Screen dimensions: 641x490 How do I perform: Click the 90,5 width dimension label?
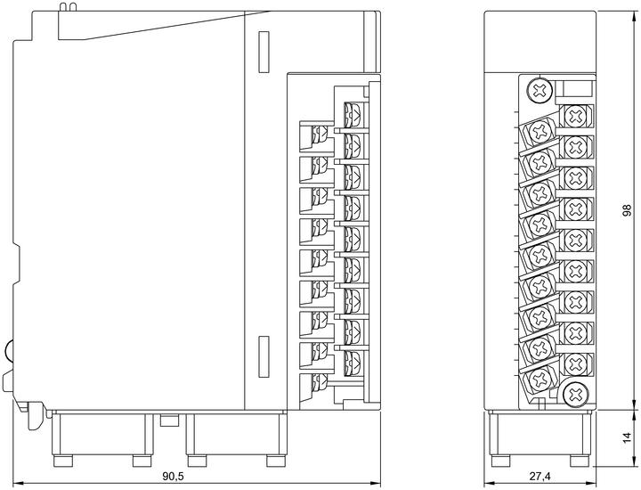point(173,476)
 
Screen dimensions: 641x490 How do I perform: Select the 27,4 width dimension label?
point(540,476)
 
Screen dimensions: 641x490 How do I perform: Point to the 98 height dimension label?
point(627,210)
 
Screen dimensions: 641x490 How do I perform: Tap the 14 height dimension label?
point(627,438)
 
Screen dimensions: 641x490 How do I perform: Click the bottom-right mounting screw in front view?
point(576,394)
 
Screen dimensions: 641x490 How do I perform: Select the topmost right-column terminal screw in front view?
point(576,116)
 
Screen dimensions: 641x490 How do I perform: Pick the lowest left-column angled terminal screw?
point(540,379)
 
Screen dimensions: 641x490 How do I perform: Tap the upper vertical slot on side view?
point(264,52)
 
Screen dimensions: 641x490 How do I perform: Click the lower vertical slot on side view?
point(264,356)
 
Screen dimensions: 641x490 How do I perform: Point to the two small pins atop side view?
point(68,6)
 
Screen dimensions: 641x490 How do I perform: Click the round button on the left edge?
point(9,350)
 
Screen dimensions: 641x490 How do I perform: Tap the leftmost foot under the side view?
point(63,461)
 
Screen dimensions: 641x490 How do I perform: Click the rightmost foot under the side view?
point(275,461)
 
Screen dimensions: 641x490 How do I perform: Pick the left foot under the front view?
point(500,461)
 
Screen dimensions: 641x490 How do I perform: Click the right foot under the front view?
point(580,461)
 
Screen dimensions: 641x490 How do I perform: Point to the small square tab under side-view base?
point(169,420)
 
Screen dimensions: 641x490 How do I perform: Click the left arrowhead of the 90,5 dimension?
point(17,483)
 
